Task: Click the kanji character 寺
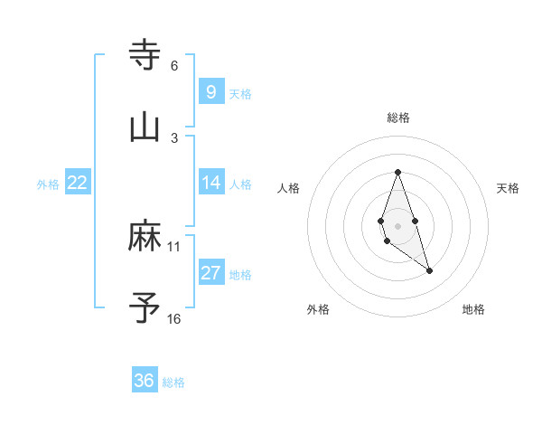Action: pyautogui.click(x=145, y=55)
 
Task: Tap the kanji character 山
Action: pyautogui.click(x=145, y=127)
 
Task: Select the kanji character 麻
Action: pyautogui.click(x=145, y=237)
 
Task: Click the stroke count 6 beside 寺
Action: pyautogui.click(x=174, y=66)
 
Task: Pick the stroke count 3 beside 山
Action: pyautogui.click(x=174, y=138)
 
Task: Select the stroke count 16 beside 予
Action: pyautogui.click(x=174, y=319)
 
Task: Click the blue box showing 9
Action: pyautogui.click(x=210, y=92)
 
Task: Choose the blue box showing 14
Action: pyautogui.click(x=210, y=183)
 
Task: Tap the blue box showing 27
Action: pyautogui.click(x=210, y=273)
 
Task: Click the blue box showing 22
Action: pyautogui.click(x=78, y=183)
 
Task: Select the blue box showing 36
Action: pyautogui.click(x=145, y=381)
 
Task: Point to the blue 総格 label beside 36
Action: pyautogui.click(x=173, y=382)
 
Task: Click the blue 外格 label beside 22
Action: pyautogui.click(x=48, y=184)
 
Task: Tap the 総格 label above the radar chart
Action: pyautogui.click(x=398, y=118)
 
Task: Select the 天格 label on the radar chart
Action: pyautogui.click(x=508, y=188)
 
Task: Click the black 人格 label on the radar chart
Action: pyautogui.click(x=289, y=188)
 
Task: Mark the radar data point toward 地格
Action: pyautogui.click(x=430, y=270)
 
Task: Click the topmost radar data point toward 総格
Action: pyautogui.click(x=397, y=172)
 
